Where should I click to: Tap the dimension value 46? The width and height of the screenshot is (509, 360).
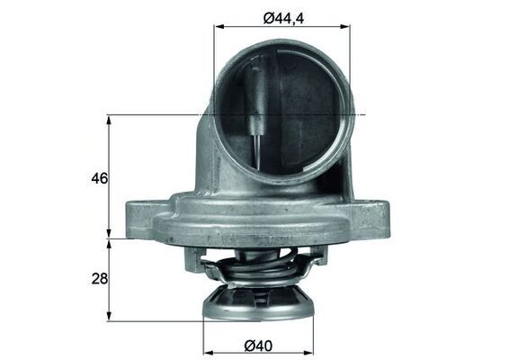[99, 178]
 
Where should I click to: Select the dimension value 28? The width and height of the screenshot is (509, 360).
[99, 280]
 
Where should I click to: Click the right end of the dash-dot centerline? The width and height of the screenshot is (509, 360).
[367, 114]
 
